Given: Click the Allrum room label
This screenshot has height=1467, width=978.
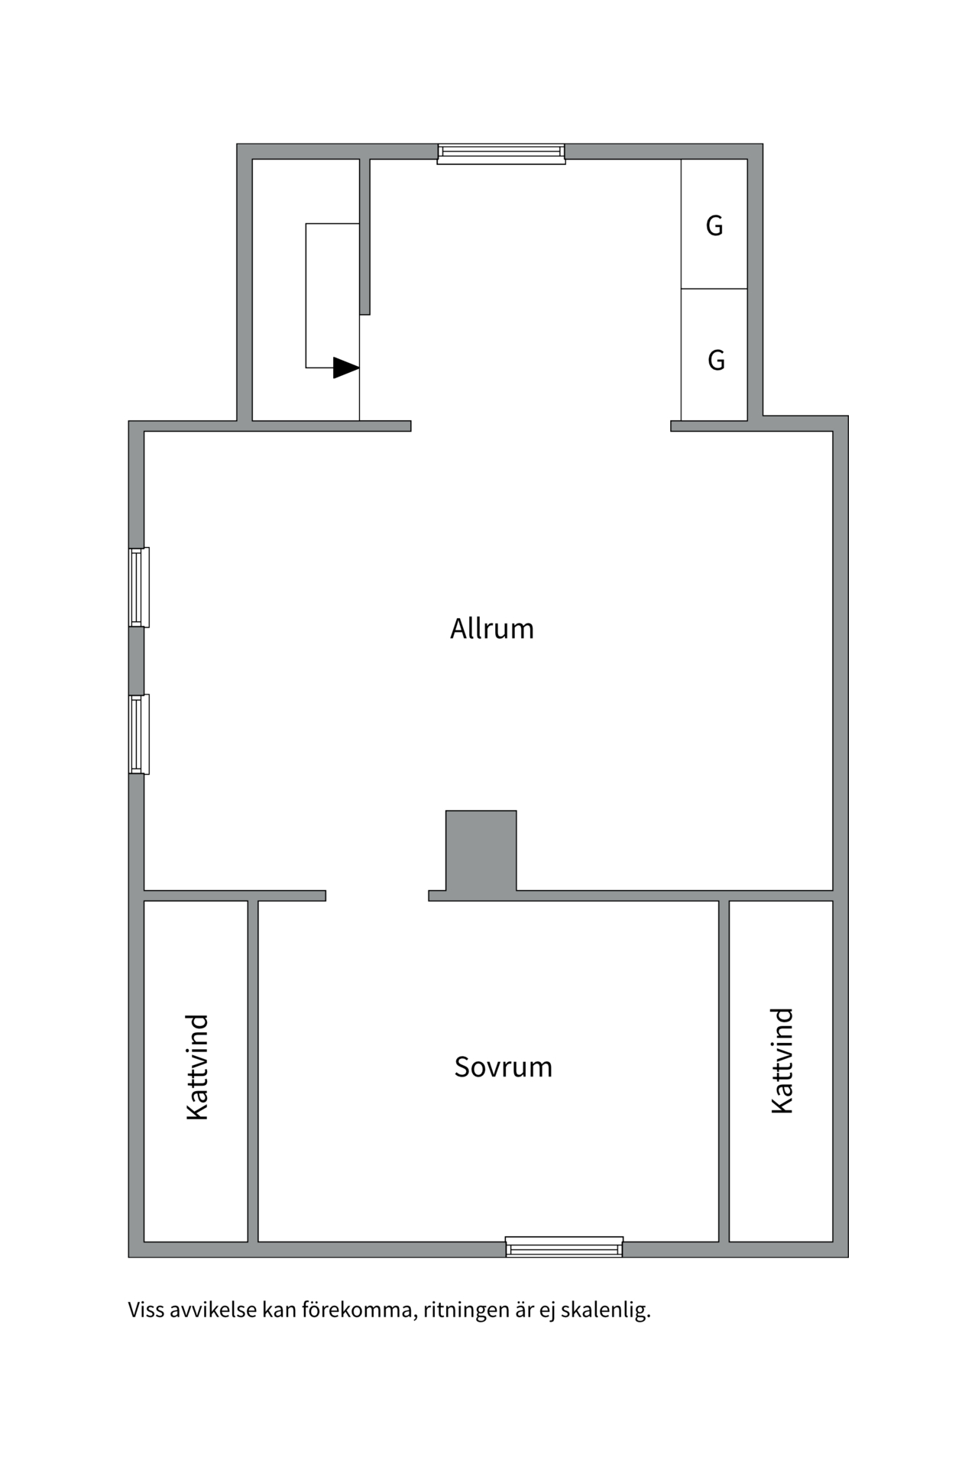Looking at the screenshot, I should tap(492, 629).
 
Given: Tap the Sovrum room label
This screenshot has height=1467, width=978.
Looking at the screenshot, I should tap(503, 1067).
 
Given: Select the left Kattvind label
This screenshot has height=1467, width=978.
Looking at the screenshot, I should tap(197, 1067).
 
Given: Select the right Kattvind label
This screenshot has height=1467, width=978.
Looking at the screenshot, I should tap(782, 1061).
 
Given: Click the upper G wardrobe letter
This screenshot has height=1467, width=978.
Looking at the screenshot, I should tap(714, 225).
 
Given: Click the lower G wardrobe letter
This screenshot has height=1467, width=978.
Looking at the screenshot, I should tap(716, 359).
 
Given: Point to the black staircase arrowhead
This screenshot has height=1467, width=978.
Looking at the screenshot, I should tap(346, 368).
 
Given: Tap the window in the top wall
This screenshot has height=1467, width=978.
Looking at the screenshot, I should tap(501, 154).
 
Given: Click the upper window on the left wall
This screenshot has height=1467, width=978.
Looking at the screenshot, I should tap(138, 587).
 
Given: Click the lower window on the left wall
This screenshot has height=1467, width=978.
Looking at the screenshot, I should tap(138, 733).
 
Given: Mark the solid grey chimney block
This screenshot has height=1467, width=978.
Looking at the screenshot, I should tap(481, 850).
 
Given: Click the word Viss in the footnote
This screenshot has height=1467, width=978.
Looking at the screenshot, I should tap(146, 1310).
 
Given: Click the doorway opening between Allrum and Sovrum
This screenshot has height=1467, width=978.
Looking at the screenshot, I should tap(377, 895).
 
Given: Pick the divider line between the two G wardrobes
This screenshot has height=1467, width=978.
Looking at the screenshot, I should tap(714, 289).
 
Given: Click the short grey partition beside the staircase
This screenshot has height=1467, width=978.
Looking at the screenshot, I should tap(365, 236).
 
